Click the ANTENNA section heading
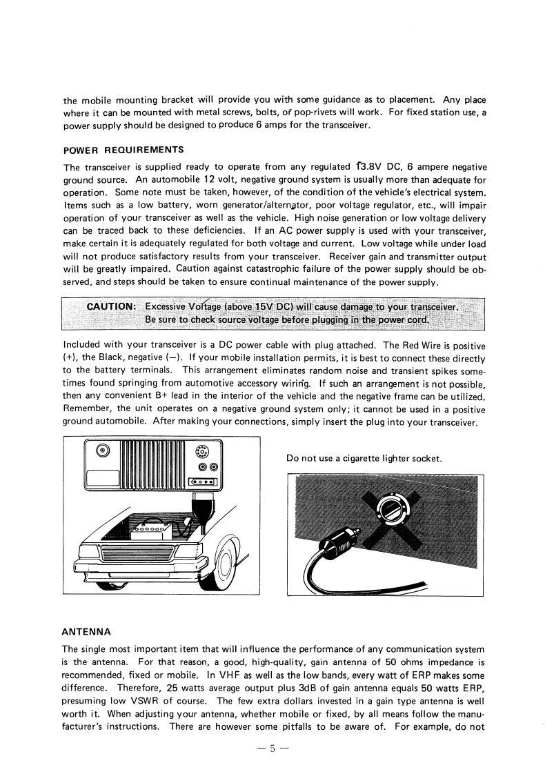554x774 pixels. coord(86,631)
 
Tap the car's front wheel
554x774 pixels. coord(228,566)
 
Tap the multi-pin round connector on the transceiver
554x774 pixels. coord(201,453)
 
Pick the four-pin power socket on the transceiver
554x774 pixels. coord(202,481)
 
